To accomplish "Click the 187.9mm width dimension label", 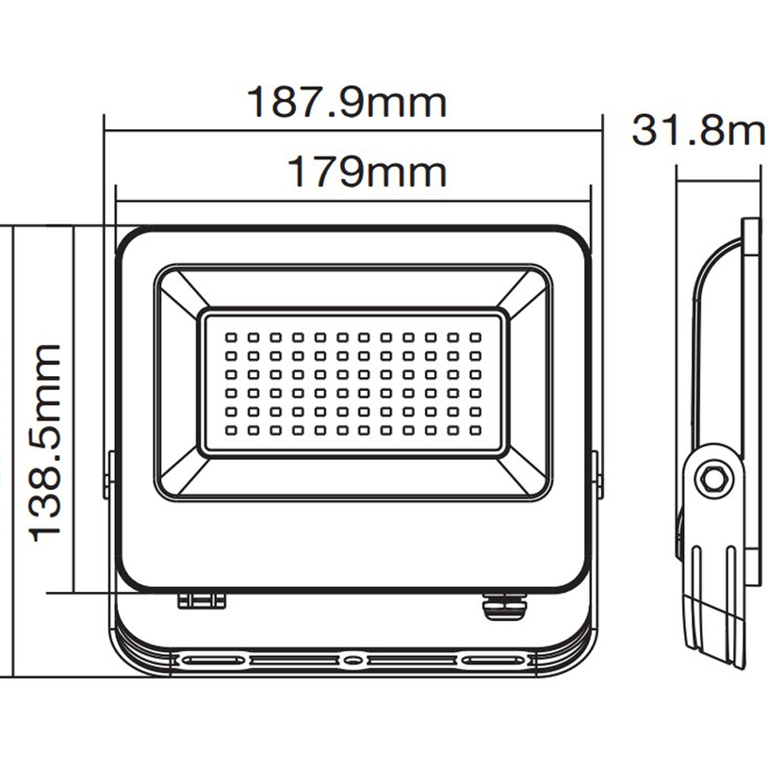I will click(x=346, y=102).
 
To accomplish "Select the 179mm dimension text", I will click(x=366, y=172).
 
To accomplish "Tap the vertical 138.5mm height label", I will click(x=47, y=441).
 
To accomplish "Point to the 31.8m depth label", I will click(x=698, y=131).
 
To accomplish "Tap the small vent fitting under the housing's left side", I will click(x=203, y=600).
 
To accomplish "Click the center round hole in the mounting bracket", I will click(x=352, y=661).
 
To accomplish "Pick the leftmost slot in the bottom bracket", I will click(x=216, y=661).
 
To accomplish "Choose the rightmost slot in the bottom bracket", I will click(x=489, y=661).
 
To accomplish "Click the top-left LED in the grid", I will click(x=231, y=336).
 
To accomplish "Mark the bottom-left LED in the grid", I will click(x=231, y=430).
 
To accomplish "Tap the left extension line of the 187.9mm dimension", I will click(x=104, y=170).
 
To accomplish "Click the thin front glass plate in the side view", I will click(x=751, y=396).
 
